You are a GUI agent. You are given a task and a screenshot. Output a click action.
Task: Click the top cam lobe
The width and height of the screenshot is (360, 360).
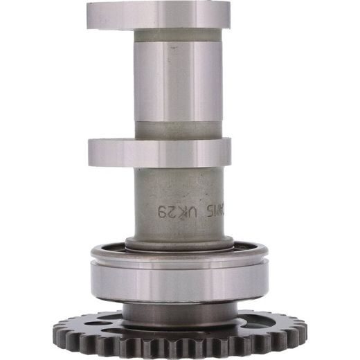pos(159,15)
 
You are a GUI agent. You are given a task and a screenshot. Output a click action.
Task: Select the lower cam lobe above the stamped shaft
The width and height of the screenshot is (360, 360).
pos(159,152)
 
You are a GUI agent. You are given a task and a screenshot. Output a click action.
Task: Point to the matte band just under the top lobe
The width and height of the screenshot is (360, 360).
pos(179,35)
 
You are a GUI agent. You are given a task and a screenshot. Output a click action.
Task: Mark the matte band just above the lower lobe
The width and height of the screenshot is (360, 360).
pos(179,129)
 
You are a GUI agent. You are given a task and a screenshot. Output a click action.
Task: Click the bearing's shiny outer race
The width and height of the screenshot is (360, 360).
pos(179,280)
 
